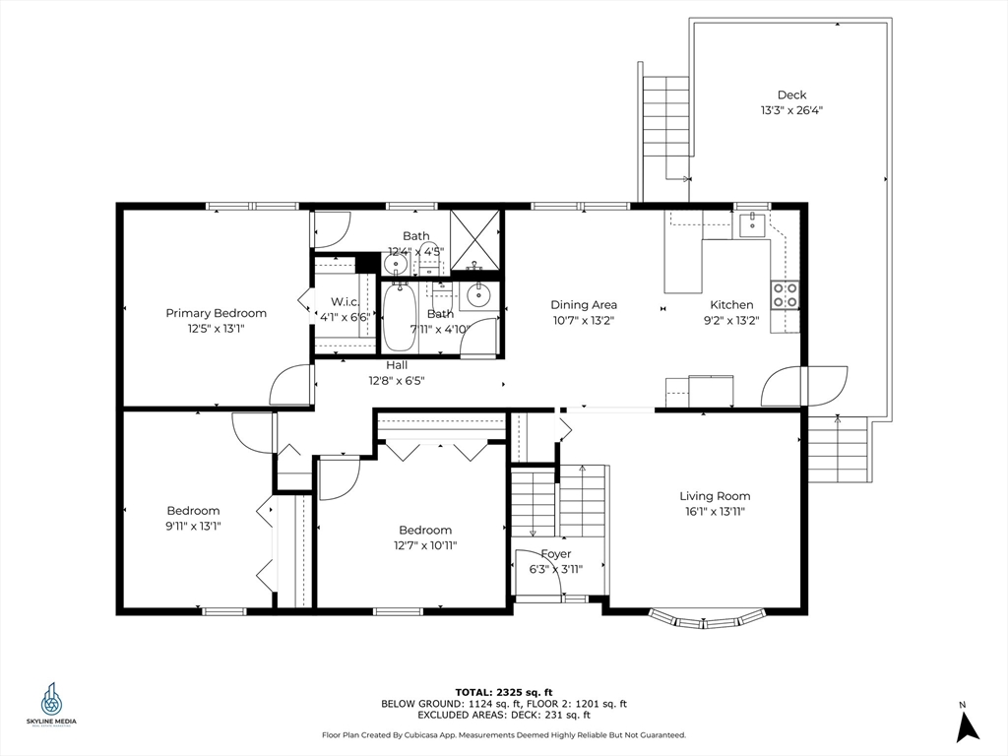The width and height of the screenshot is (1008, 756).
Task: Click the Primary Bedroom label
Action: [x=216, y=313]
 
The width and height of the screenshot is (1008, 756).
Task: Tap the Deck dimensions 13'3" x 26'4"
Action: [x=792, y=110]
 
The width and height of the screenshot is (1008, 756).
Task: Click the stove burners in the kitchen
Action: [x=785, y=295]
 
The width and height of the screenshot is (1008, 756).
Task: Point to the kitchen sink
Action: [x=751, y=225]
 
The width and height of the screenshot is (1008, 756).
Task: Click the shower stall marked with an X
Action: [x=475, y=240]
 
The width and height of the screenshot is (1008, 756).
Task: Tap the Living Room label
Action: [x=715, y=496]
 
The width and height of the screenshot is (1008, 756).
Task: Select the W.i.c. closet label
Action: [x=345, y=301]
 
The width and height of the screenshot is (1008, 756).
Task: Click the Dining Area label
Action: [x=584, y=305]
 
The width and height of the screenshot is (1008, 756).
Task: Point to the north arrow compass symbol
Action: [x=967, y=727]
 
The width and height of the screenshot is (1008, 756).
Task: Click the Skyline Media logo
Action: [x=51, y=704]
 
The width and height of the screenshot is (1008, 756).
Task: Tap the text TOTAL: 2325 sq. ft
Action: [x=504, y=692]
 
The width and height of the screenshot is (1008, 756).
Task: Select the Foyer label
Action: [x=556, y=553]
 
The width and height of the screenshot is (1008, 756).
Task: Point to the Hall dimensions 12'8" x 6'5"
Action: [x=397, y=381]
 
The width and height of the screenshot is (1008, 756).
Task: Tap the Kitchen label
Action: [x=731, y=305]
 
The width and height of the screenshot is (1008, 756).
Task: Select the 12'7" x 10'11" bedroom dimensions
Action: [x=425, y=545]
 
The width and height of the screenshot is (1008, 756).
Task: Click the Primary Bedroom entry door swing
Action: [x=290, y=385]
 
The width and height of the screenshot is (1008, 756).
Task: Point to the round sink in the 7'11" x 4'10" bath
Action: [x=479, y=295]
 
